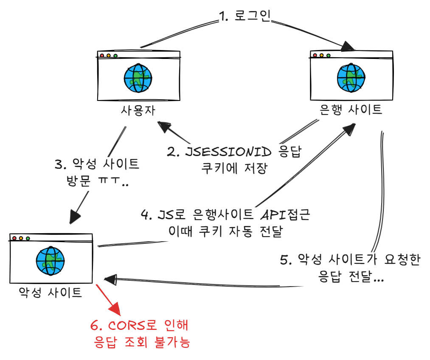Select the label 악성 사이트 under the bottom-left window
pyautogui.click(x=51, y=292)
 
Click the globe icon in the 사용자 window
pyautogui.click(x=138, y=78)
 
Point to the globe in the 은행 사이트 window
pyautogui.click(x=351, y=78)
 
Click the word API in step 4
pyautogui.click(x=273, y=215)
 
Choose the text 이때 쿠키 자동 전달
pyautogui.click(x=225, y=231)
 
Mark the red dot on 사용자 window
pyautogui.click(x=101, y=56)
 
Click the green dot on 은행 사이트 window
pyautogui.click(x=328, y=55)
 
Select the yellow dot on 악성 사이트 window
pyautogui.click(x=21, y=238)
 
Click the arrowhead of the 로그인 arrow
pyautogui.click(x=349, y=46)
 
